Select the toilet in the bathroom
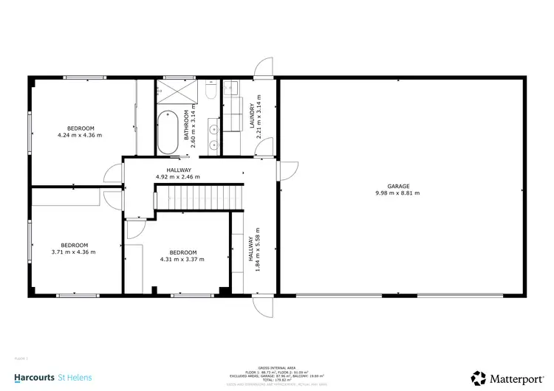coord(210,91)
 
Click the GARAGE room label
coord(397,186)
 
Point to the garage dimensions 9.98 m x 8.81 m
coord(397,193)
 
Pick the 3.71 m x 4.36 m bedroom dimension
coord(74,252)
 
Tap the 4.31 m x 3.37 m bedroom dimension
coord(182,259)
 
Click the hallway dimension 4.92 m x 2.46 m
coord(178,177)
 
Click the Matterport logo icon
coord(479,378)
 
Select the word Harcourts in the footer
coord(34,378)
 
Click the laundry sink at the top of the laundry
coord(231,90)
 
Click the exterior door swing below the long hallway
coord(262,307)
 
